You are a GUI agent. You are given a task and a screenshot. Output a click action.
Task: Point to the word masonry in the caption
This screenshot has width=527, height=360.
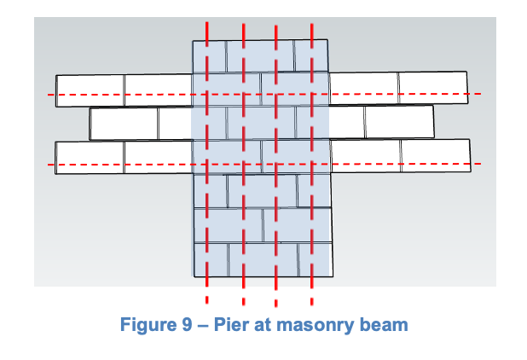click(x=311, y=325)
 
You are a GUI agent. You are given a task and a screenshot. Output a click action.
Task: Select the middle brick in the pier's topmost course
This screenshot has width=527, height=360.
click(x=260, y=55)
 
